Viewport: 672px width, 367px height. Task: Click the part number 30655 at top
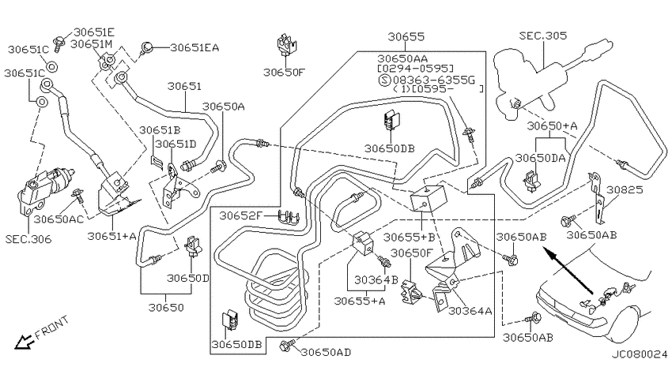coord(406,37)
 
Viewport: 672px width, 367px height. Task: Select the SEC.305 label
coord(543,36)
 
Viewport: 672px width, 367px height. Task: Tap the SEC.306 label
coord(28,239)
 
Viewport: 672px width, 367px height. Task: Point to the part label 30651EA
coord(194,47)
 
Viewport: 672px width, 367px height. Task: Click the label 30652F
coord(240,215)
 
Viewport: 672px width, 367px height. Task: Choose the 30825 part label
coord(625,189)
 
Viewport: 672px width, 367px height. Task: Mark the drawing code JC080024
coord(640,354)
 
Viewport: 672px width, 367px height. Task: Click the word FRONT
coord(51,328)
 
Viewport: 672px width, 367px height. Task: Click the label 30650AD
coord(326,353)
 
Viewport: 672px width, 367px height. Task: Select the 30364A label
coord(470,311)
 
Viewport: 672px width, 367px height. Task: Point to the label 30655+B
coord(409,237)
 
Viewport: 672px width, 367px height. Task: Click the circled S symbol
coord(384,80)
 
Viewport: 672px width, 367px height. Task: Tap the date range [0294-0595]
coord(415,69)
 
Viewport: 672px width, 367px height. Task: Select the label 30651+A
coord(111,236)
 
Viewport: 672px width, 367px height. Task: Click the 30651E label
coord(94,32)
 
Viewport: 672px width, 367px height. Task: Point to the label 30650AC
coord(59,219)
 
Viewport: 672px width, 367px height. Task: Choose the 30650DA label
coord(540,159)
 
